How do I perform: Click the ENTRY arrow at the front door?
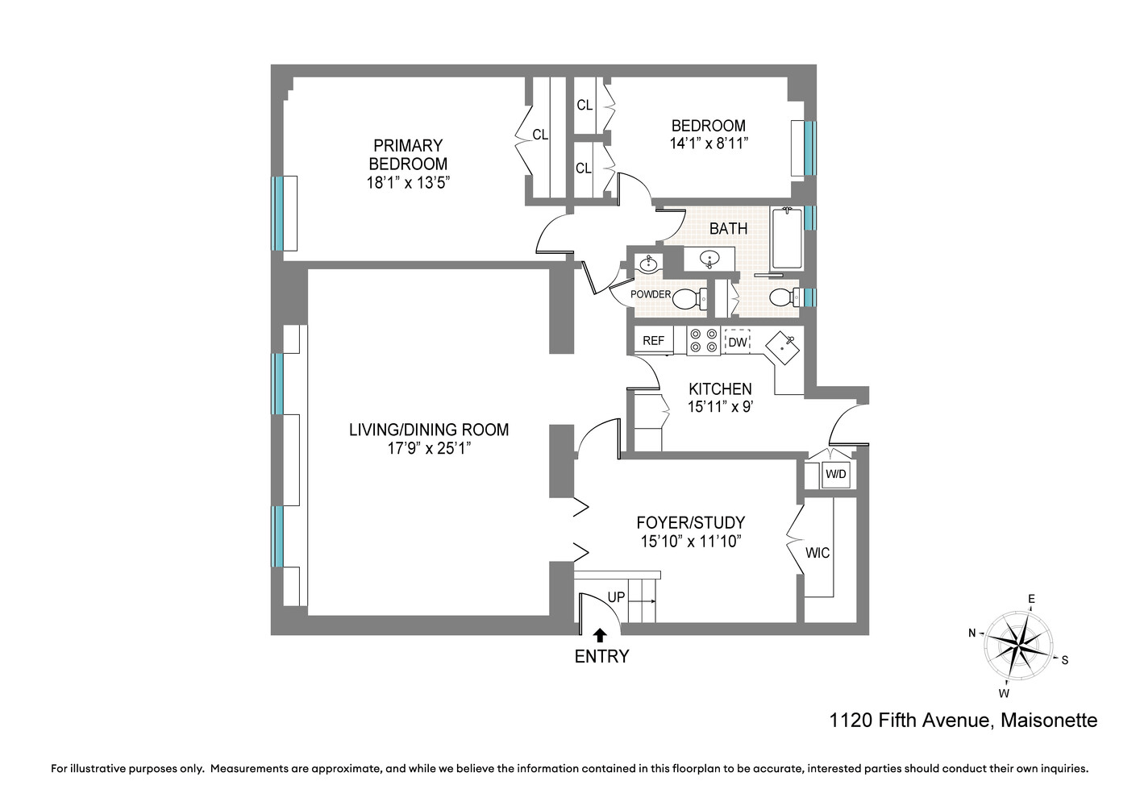pos(601,635)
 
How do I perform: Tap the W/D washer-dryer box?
pos(836,474)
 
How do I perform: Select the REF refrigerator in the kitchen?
pos(654,340)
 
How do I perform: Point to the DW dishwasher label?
pos(738,343)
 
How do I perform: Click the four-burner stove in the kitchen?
pos(704,340)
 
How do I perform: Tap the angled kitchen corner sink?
pos(783,348)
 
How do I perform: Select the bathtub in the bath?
pos(787,238)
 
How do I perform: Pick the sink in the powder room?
pos(648,264)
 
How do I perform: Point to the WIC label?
pos(818,553)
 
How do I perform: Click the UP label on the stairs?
pos(616,597)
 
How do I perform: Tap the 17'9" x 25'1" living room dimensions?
pos(429,448)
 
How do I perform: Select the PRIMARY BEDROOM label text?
pos(408,155)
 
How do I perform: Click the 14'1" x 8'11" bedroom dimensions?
pos(709,143)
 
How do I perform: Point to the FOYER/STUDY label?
pos(691,522)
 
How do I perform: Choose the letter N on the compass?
pos(971,633)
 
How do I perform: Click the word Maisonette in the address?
pos(1049,721)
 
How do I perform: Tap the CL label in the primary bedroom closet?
pos(540,135)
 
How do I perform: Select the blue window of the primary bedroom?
pos(277,214)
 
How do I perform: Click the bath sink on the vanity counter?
pos(709,259)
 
